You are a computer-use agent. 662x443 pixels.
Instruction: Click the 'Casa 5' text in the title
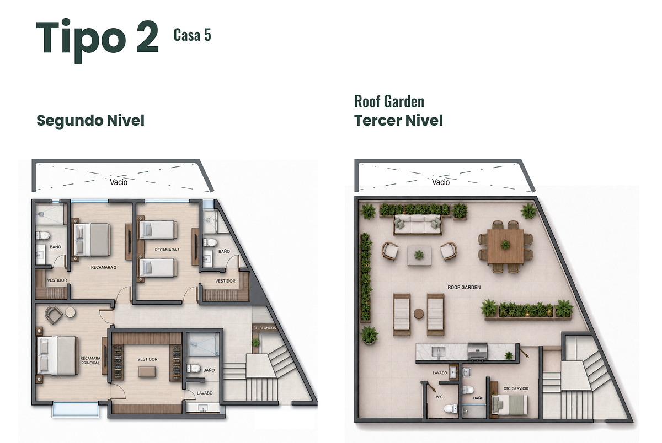tap(192, 35)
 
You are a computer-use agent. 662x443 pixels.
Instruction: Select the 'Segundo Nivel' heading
tap(90, 121)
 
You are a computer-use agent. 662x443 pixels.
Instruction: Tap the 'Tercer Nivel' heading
tap(398, 121)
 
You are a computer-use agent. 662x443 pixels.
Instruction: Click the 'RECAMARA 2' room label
tap(104, 267)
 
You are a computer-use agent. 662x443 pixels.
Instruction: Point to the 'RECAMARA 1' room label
tap(167, 250)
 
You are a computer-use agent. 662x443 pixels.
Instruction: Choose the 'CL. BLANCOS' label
tap(264, 328)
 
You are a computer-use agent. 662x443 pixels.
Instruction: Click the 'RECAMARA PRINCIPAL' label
tap(90, 361)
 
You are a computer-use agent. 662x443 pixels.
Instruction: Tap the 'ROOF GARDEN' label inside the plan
tap(464, 287)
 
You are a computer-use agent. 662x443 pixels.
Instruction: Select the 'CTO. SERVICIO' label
tap(516, 388)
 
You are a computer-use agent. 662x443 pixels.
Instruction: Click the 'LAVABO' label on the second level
tap(205, 393)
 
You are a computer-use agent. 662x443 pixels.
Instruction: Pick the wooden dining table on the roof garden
tap(505, 247)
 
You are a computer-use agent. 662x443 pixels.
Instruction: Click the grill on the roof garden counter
tap(478, 351)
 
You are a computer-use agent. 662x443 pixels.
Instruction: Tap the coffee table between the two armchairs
tap(419, 255)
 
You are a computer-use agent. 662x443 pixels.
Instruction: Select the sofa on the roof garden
tap(417, 224)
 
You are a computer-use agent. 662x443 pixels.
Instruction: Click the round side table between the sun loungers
tap(419, 314)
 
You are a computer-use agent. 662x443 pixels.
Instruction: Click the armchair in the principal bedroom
tap(54, 315)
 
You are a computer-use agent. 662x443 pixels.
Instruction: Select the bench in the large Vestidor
tap(147, 371)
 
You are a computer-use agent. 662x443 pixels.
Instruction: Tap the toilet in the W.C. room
tap(450, 408)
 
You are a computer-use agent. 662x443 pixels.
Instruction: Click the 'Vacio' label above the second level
tap(119, 182)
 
